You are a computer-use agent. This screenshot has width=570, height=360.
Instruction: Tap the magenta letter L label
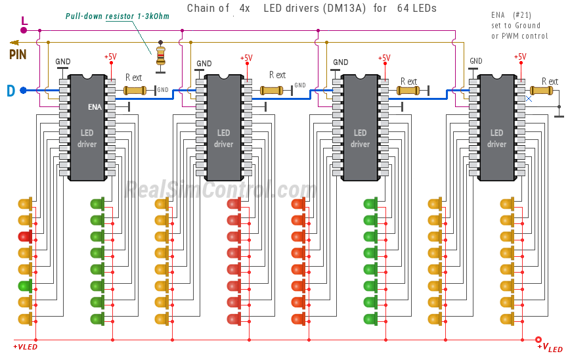(x=24, y=22)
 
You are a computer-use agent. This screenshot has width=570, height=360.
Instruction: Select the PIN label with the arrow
(x=18, y=54)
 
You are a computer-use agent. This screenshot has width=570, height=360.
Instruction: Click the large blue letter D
(x=11, y=91)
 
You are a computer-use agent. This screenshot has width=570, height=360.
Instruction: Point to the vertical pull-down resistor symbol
(x=160, y=55)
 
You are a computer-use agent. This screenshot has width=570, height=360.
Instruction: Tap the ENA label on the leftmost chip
(x=95, y=106)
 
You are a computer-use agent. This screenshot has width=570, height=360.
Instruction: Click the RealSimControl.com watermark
(x=221, y=190)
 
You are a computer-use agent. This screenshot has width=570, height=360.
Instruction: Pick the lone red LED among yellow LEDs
(x=25, y=236)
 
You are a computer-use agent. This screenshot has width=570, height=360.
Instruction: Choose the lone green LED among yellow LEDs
(x=25, y=285)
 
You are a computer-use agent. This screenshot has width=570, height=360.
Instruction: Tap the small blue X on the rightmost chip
(x=529, y=99)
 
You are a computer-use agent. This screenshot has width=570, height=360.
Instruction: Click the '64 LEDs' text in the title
(x=416, y=9)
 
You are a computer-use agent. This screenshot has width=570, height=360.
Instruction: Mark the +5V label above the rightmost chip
(x=521, y=56)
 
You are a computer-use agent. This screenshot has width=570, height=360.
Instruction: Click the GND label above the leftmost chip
(x=63, y=62)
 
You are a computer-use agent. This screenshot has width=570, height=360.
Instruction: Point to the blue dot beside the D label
(x=23, y=90)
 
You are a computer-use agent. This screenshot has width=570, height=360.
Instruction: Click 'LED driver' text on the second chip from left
(x=223, y=139)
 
